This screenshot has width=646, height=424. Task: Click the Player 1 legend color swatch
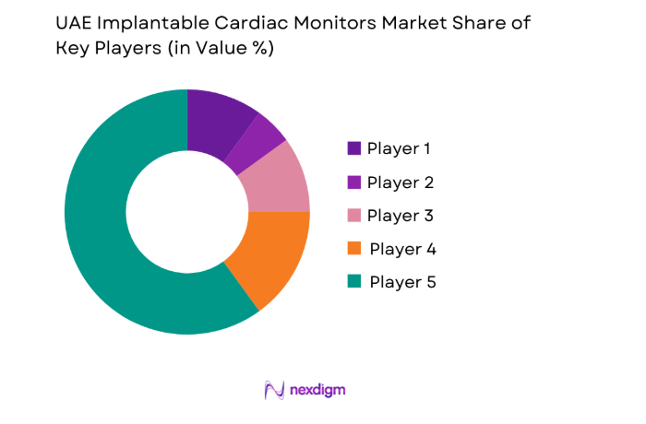[354, 148]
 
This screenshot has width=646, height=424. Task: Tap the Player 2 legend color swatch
[354, 183]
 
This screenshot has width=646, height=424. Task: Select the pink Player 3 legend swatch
[354, 216]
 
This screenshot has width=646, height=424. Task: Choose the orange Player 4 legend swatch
[354, 249]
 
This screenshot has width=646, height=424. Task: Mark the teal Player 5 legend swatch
[354, 282]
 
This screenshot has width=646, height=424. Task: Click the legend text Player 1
[400, 148]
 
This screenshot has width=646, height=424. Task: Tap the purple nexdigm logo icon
[274, 390]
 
